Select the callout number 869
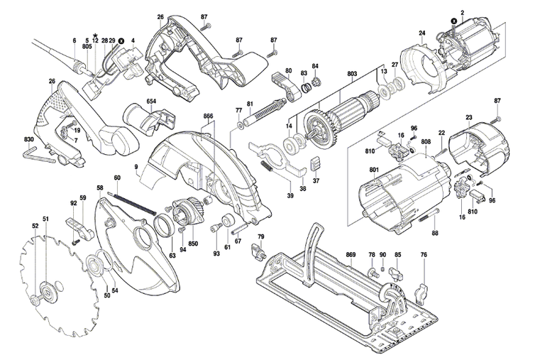(x=351, y=254)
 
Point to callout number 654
(x=151, y=102)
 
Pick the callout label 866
(x=208, y=114)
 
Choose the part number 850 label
(x=193, y=244)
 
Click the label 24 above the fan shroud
(x=421, y=33)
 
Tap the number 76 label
(x=424, y=254)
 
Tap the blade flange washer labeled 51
(x=48, y=292)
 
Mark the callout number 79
(x=260, y=236)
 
